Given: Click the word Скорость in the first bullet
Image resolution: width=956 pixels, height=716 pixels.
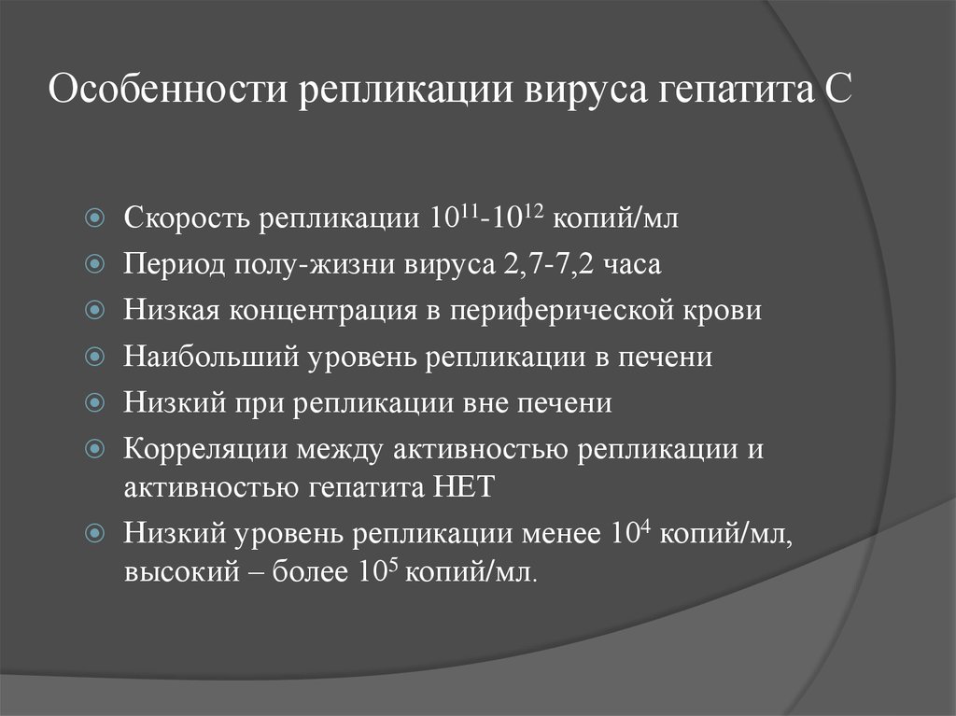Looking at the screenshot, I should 184,219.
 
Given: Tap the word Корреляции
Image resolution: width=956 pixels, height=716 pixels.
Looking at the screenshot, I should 204,449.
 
